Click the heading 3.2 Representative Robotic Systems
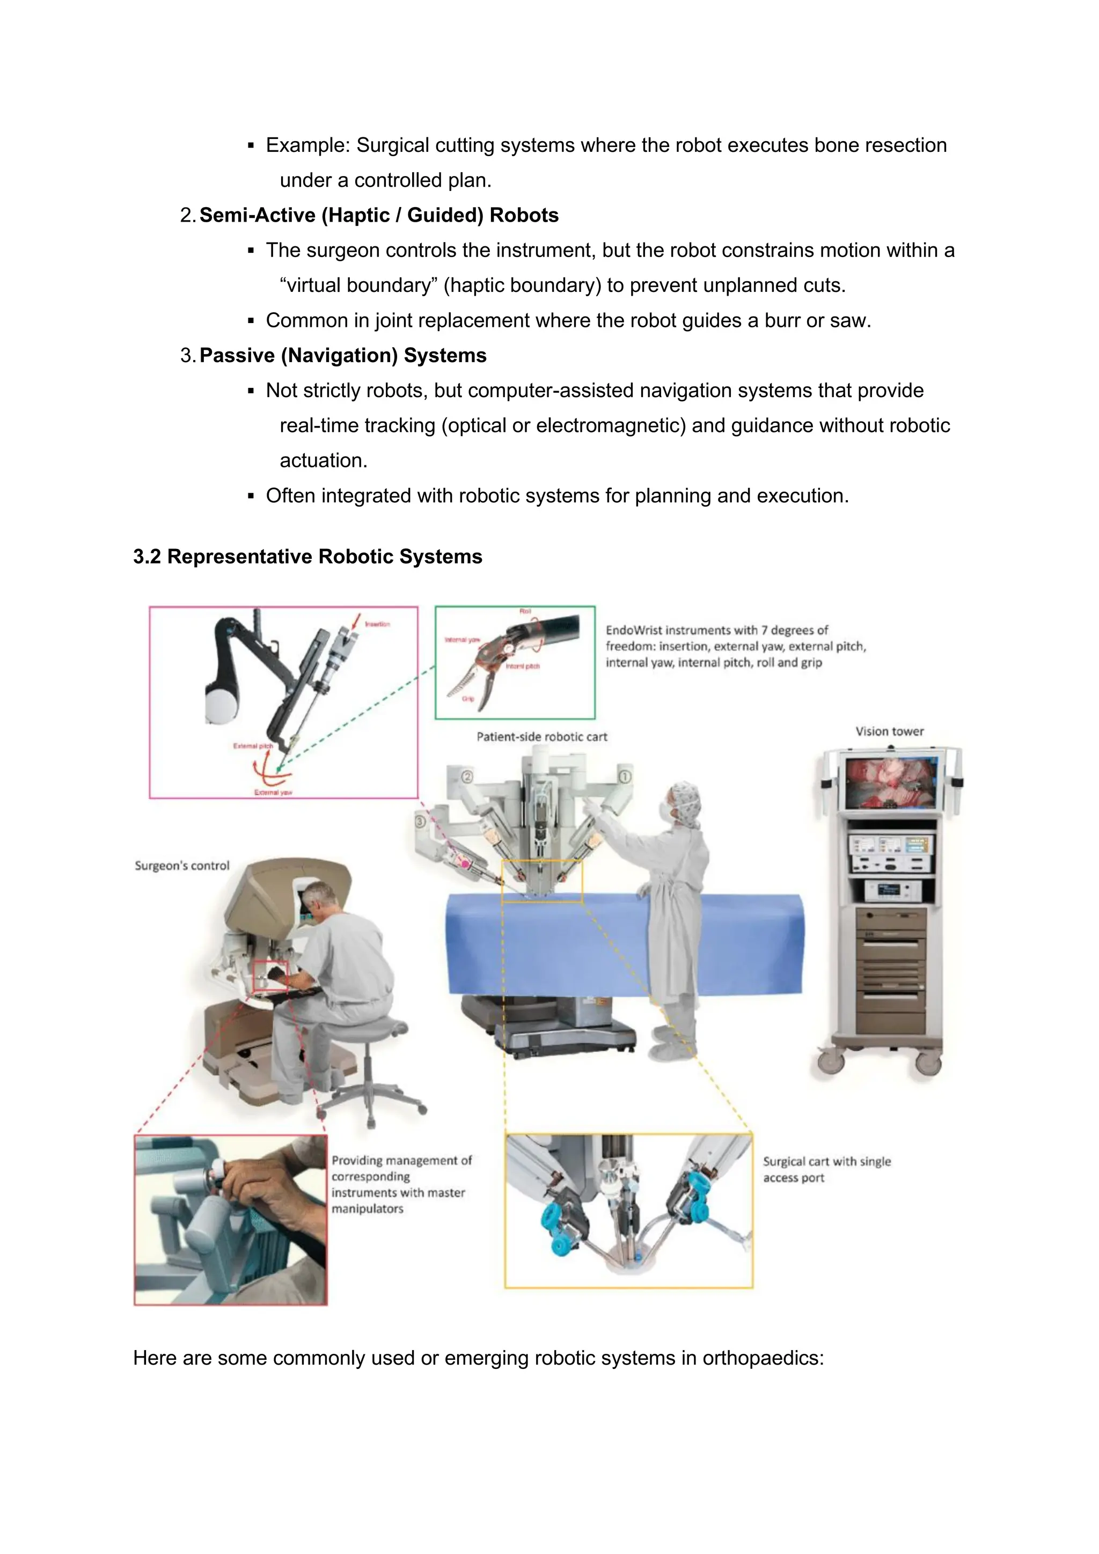tap(307, 556)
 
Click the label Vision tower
tap(889, 731)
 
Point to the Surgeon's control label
tap(182, 866)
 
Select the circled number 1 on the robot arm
tap(625, 776)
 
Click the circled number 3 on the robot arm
tap(420, 822)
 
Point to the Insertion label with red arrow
tap(377, 624)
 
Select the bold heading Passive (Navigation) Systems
tap(342, 355)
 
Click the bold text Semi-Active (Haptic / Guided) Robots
tap(379, 215)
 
